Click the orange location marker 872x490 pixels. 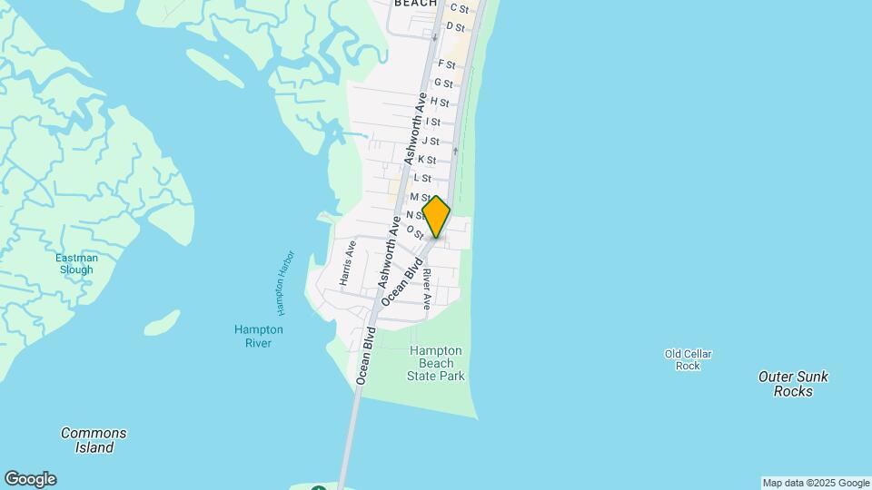point(436,217)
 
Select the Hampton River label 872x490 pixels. point(259,336)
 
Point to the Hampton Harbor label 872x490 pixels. point(287,282)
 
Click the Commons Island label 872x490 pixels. point(94,440)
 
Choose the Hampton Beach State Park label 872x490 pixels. point(436,363)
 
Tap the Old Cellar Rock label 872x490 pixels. point(688,360)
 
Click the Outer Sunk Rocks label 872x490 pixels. point(793,384)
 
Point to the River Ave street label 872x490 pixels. point(426,289)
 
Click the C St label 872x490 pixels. point(459,9)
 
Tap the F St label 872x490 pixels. point(446,64)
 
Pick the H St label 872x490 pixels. point(440,103)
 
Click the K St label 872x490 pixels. point(426,160)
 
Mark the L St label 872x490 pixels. point(421,178)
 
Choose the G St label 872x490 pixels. point(442,83)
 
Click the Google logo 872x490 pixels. point(29,479)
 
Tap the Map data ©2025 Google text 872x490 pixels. point(816,483)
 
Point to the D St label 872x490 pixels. point(455,27)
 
